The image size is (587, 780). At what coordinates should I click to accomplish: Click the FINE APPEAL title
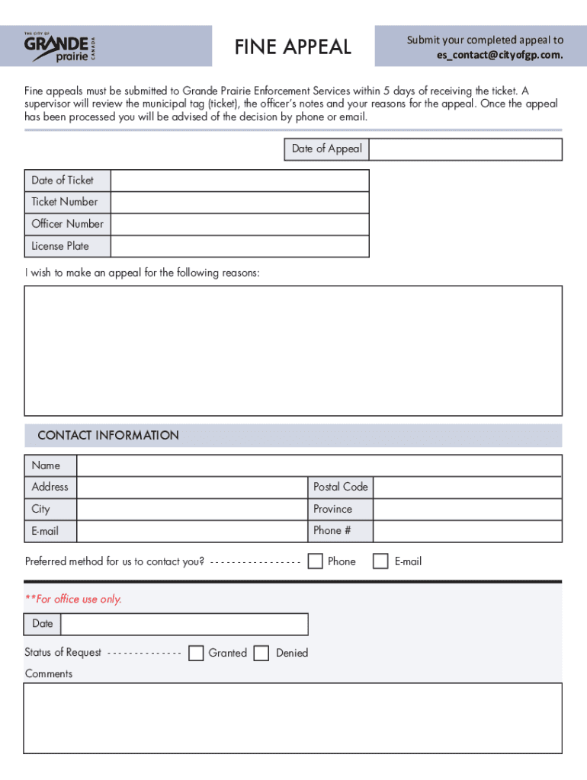(293, 47)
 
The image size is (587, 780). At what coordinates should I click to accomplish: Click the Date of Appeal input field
(465, 149)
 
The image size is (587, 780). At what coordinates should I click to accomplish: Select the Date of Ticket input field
(239, 181)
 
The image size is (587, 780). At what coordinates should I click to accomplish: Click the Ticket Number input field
(239, 203)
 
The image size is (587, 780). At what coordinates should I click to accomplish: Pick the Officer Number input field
(239, 224)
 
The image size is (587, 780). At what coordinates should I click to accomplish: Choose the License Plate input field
(239, 246)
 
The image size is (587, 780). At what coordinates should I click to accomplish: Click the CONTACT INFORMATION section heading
(108, 436)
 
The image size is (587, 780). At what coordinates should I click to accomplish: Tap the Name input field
(319, 465)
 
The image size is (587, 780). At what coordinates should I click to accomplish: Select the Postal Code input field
(467, 487)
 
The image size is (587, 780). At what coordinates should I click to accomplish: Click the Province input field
(467, 509)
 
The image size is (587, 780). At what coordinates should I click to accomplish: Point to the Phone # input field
(467, 531)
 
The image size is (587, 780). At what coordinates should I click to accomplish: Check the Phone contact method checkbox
(315, 561)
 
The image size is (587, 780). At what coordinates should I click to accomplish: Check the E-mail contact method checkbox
(380, 561)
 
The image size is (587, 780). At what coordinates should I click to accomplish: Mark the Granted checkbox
(196, 653)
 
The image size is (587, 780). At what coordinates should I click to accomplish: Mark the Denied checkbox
(261, 653)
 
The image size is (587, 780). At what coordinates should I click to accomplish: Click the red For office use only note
(73, 599)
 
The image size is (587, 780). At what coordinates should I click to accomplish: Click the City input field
(191, 509)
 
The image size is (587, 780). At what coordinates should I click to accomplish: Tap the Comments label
(49, 674)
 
